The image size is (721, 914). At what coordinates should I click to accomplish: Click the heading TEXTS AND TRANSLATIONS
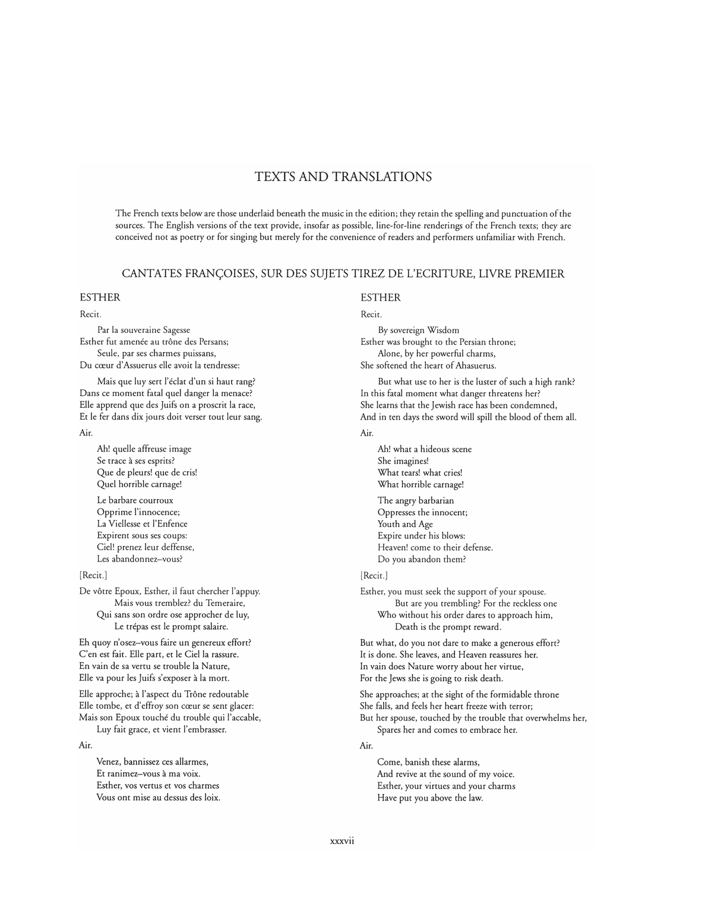tap(343, 177)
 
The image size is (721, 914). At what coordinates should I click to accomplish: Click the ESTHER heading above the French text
tap(100, 297)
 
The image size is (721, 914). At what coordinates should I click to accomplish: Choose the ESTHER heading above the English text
tap(381, 297)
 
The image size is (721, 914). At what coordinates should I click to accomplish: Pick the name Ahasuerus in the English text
tap(472, 365)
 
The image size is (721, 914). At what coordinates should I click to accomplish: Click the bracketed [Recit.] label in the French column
tap(93, 575)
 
